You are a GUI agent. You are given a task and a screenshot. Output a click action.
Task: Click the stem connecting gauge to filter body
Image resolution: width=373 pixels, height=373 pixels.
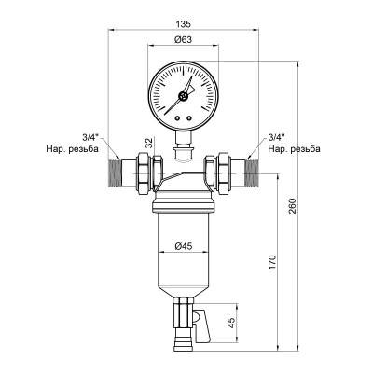[x=185, y=138]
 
